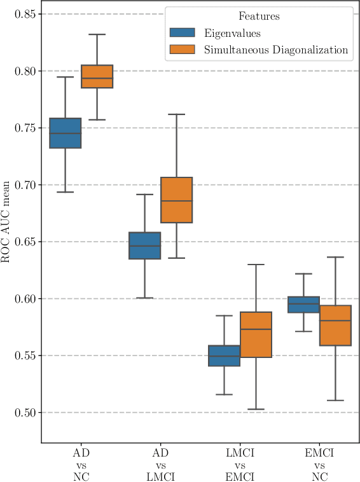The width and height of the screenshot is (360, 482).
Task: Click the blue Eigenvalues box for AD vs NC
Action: coord(65,133)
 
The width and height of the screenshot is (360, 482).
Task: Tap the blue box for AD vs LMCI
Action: coord(144,245)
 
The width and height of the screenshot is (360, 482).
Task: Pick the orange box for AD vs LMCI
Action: coord(176,200)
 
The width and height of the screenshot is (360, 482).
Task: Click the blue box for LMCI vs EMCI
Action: coord(224,355)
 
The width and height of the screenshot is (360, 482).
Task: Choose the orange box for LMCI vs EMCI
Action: coord(256,334)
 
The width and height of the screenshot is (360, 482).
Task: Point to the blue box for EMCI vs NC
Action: coord(303,305)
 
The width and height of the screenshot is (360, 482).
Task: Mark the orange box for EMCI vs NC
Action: coord(335,326)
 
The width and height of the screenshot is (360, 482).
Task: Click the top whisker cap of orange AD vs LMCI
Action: coord(176,114)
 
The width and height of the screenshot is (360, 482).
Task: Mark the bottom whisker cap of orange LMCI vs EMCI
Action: coord(256,410)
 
